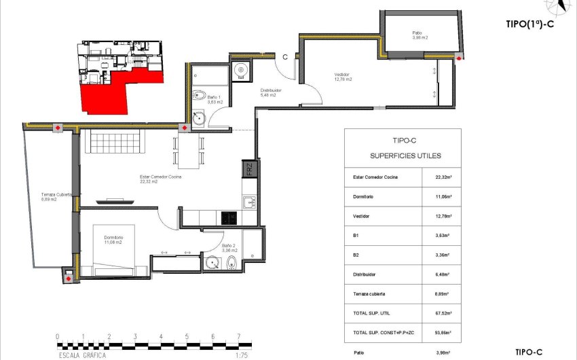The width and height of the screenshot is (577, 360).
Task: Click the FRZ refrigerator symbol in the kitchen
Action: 249,168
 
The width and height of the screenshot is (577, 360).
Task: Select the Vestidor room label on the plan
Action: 342,77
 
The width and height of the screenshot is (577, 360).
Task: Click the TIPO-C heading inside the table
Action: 403,141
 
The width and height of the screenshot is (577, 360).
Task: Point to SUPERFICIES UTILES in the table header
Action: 403,156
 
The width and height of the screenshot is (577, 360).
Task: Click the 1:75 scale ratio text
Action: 240,355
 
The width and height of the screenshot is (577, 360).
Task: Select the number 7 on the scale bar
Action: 238,336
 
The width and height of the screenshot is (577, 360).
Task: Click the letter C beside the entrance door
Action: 286,58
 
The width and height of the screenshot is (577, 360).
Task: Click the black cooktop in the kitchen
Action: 229,218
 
